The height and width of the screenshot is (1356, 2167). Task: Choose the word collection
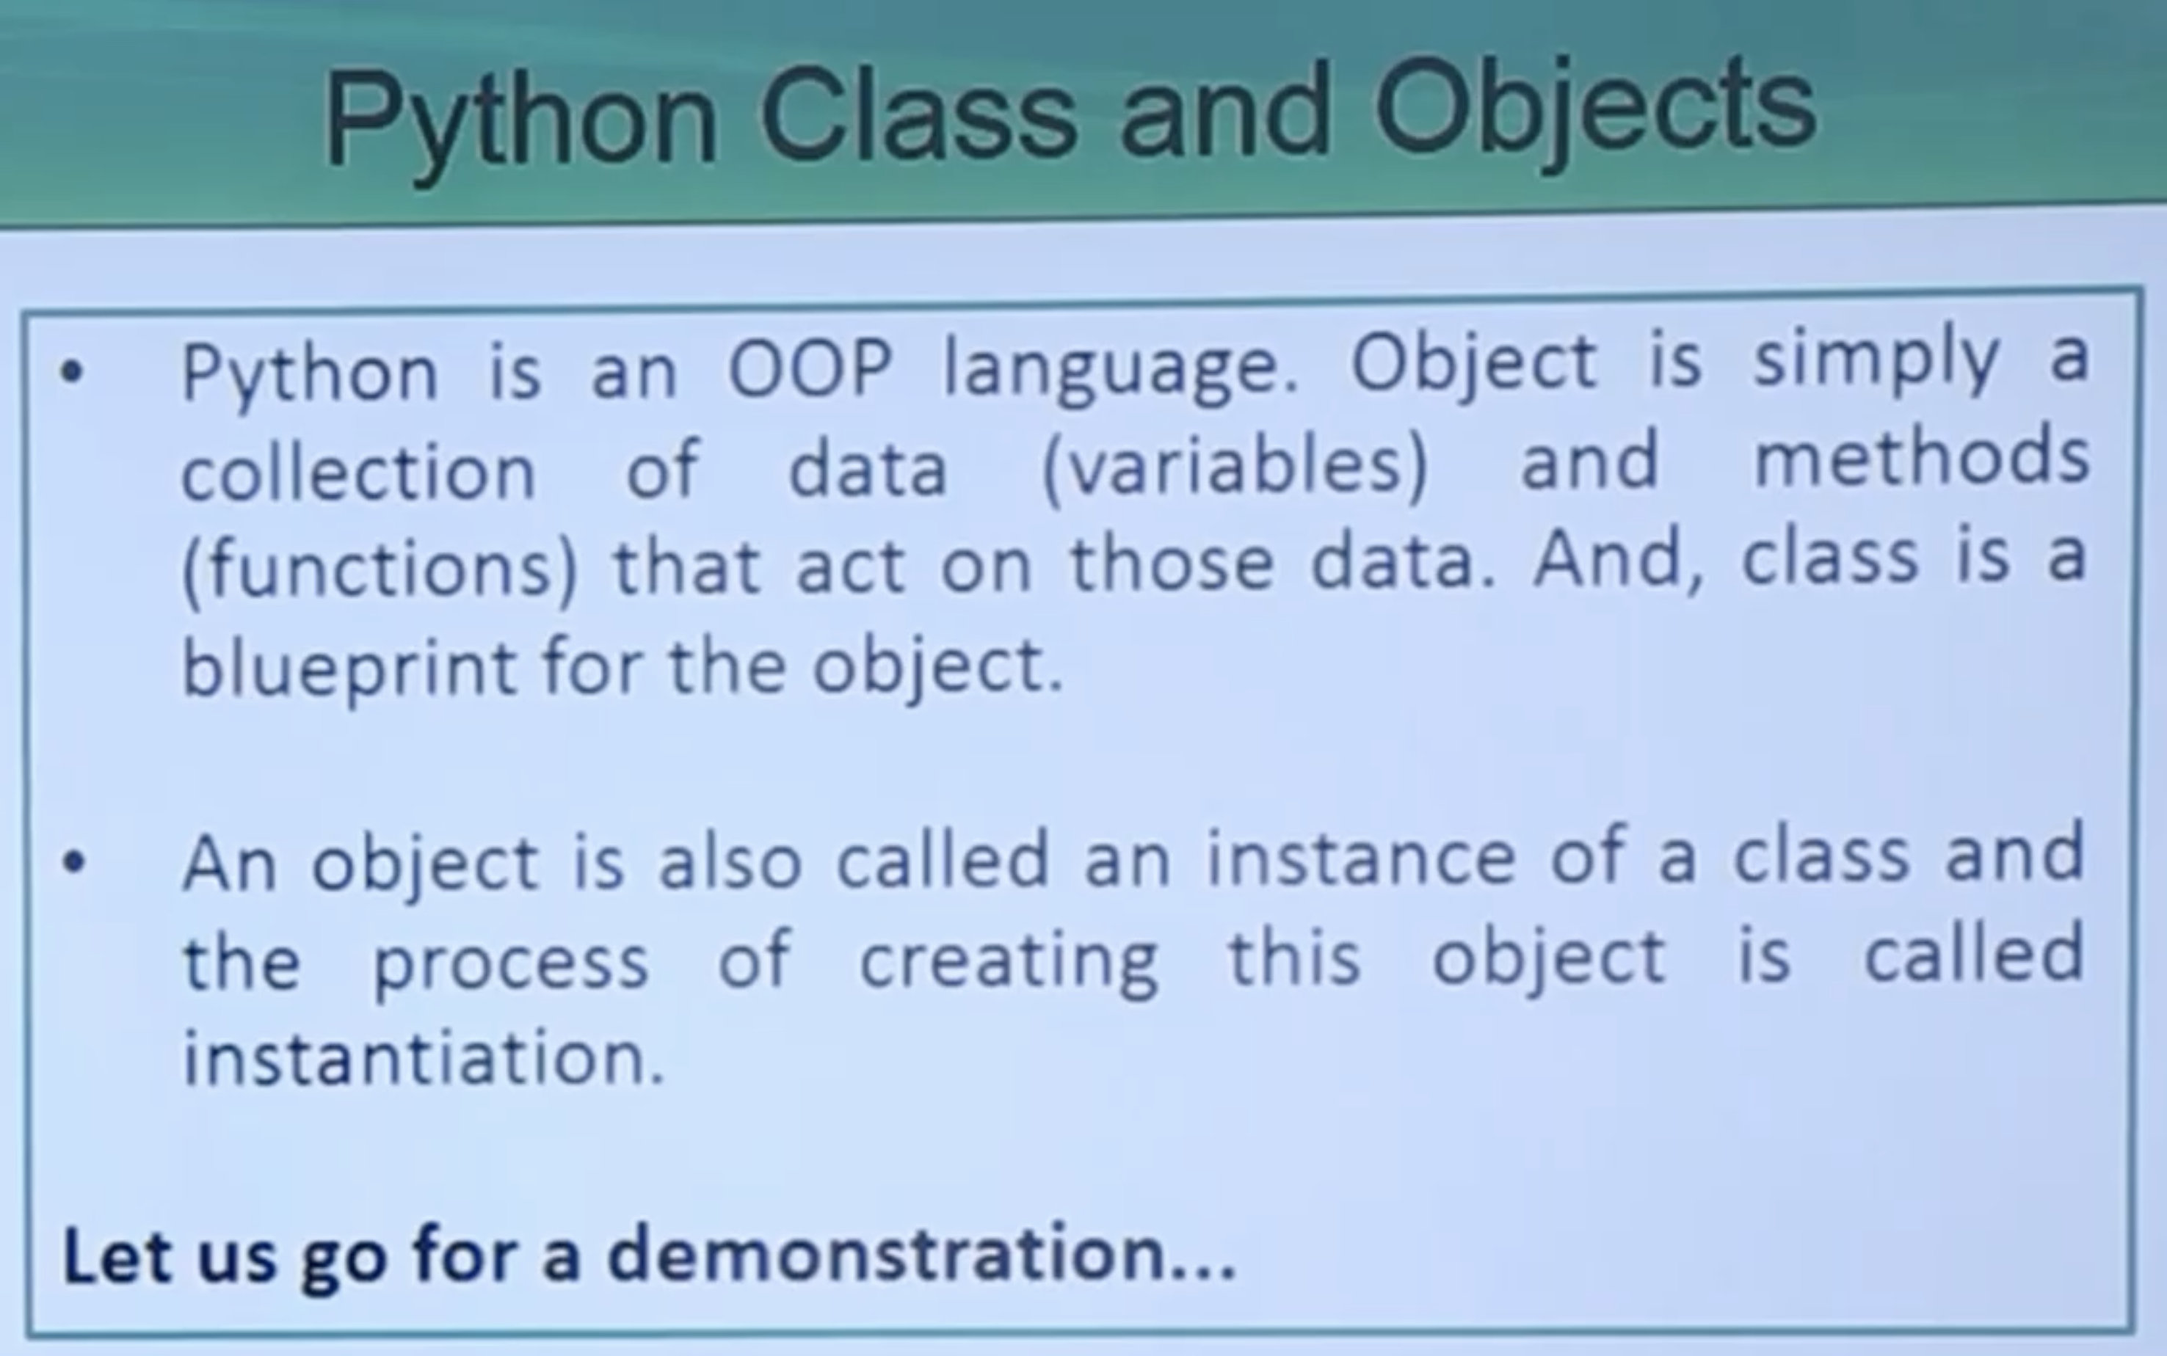pyautogui.click(x=359, y=470)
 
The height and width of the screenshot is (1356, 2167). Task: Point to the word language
pyautogui.click(x=1121, y=371)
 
